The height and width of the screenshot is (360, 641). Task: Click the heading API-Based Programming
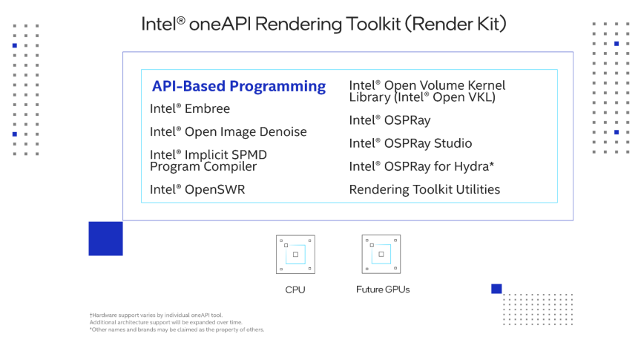coord(239,86)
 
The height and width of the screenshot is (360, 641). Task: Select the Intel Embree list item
coord(190,109)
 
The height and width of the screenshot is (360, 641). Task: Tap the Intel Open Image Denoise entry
coord(228,131)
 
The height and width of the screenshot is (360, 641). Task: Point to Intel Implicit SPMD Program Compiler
coord(208,160)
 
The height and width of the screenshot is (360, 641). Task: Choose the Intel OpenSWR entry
coord(197,189)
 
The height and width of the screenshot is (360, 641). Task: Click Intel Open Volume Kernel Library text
coord(427,91)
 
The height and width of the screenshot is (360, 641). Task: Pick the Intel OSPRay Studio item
coord(410,143)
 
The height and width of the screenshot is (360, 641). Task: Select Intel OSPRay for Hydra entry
coord(421,166)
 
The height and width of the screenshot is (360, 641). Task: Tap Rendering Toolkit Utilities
coord(424,189)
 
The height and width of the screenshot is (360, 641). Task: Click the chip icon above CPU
coord(295,255)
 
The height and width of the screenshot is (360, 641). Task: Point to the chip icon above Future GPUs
coord(381,254)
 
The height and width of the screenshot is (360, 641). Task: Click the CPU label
coord(295,289)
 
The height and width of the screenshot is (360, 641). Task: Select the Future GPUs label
coord(383,289)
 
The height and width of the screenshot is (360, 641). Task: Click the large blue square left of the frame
coord(105,238)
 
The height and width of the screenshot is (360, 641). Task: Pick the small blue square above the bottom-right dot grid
coord(496,289)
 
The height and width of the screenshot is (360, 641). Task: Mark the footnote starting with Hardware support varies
coord(156,315)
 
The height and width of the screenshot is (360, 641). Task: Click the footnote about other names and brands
coord(177,330)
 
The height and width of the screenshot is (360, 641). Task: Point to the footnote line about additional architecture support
coord(166,322)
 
